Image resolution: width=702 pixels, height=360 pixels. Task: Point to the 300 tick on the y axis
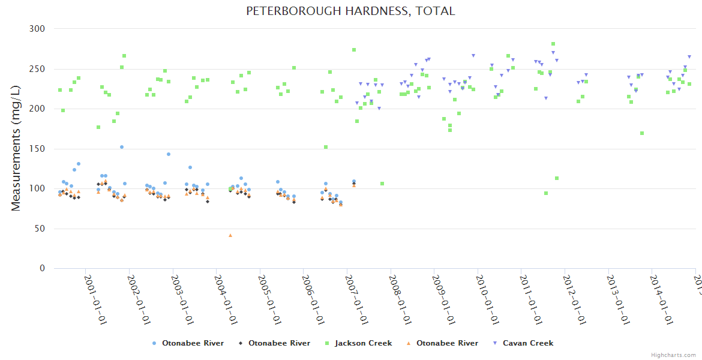(x=37, y=29)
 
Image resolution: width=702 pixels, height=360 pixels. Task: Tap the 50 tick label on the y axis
(x=40, y=229)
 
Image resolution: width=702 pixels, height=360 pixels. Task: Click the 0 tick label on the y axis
(x=42, y=269)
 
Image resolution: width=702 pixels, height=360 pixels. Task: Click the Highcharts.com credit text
(x=673, y=355)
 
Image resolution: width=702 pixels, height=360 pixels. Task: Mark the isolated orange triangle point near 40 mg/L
(x=230, y=235)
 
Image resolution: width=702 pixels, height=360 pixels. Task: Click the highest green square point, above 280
(x=553, y=44)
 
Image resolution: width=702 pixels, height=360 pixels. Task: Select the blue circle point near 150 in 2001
(x=122, y=147)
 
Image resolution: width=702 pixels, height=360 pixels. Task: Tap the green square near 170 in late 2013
(x=642, y=133)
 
